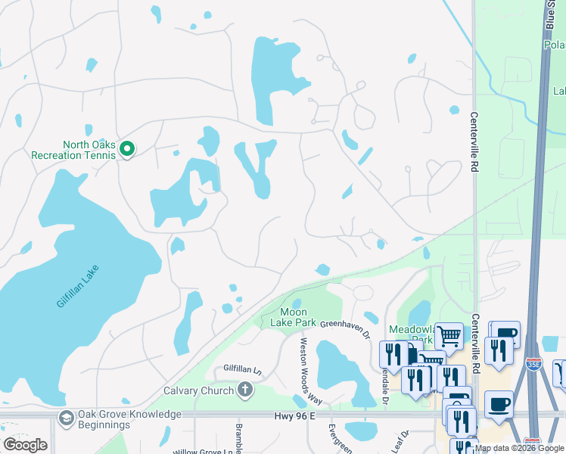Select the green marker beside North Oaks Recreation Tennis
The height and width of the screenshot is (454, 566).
pyautogui.click(x=127, y=150)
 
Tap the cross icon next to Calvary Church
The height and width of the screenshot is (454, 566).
pyautogui.click(x=244, y=390)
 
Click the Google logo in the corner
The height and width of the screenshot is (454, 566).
pyautogui.click(x=25, y=445)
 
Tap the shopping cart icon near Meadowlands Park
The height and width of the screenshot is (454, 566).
pyautogui.click(x=449, y=336)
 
